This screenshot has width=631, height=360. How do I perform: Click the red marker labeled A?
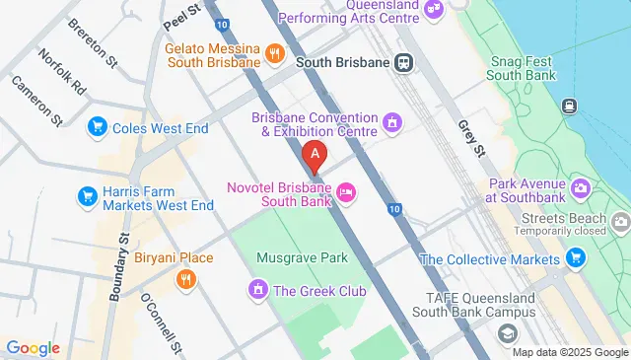[x=315, y=154]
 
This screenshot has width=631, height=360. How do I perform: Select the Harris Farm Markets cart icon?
[x=87, y=197]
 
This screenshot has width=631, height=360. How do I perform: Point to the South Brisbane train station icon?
[x=403, y=62]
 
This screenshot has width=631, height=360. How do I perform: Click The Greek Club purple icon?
[x=257, y=291]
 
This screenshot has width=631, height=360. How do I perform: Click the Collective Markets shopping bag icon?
[x=575, y=259]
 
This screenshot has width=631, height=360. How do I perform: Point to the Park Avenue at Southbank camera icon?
[x=581, y=187]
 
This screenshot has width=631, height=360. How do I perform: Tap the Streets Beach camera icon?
[x=620, y=220]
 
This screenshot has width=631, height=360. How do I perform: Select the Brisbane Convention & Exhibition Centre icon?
[x=392, y=123]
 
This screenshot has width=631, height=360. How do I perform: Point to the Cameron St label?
[x=37, y=101]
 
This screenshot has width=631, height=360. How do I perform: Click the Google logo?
[x=32, y=348]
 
